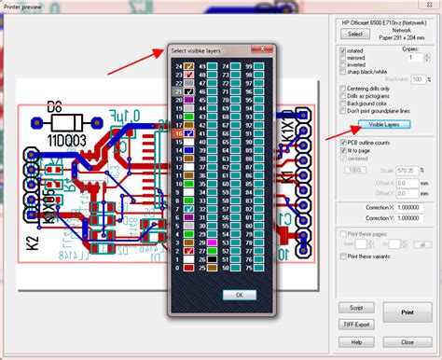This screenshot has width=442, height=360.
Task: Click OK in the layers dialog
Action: point(239,294)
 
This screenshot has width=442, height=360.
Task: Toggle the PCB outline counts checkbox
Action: point(342,143)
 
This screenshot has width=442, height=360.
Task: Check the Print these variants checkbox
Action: point(342,255)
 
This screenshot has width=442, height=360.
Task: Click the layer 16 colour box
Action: point(188,134)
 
